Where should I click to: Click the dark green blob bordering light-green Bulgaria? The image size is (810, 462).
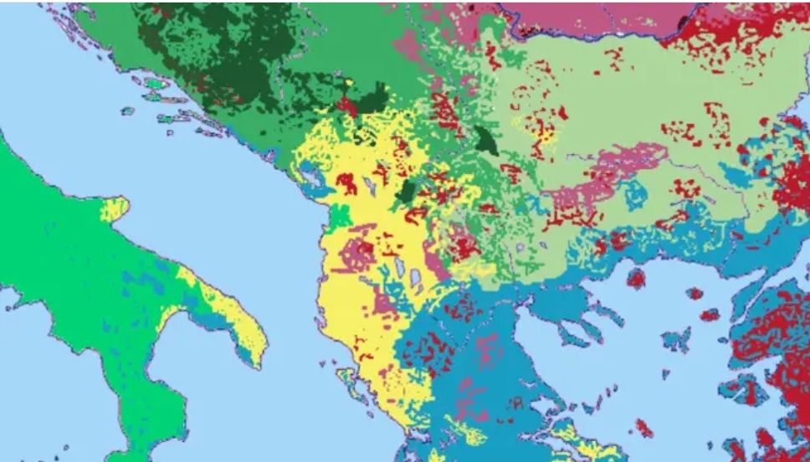(484, 141)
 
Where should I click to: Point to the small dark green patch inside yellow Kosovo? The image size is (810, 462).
(408, 191)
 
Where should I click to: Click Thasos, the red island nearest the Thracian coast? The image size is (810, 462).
(637, 278)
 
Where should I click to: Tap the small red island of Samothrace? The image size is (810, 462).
(695, 294)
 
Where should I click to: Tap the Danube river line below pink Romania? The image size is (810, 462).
(586, 37)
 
